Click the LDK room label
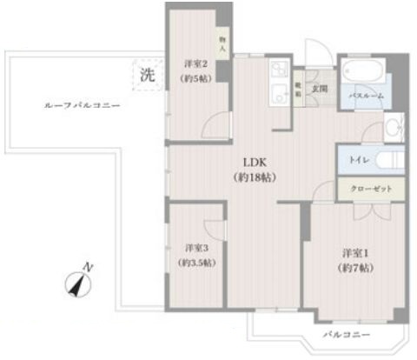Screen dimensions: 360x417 (254, 163)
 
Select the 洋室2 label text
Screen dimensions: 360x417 (193, 64)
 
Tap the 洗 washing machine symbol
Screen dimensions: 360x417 (149, 75)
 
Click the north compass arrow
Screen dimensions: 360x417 (80, 282)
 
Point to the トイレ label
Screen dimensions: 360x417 (357, 160)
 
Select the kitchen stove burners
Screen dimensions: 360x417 (280, 69)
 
